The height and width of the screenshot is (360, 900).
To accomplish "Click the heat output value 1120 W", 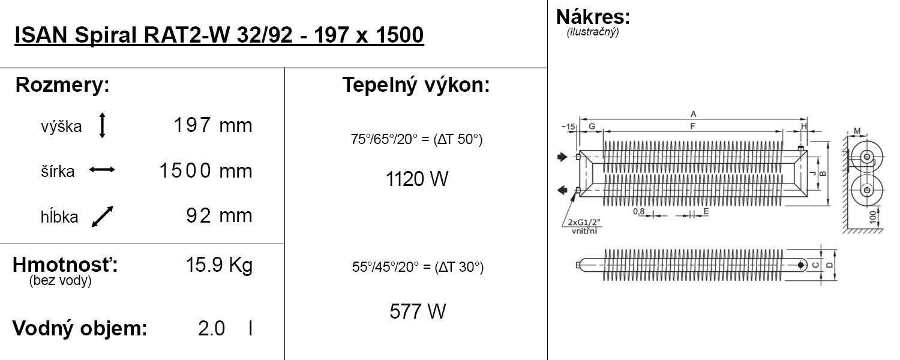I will pyautogui.click(x=417, y=179).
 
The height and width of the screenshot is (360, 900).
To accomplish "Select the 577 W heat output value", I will pyautogui.click(x=418, y=311).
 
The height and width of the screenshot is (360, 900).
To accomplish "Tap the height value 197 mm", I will pyautogui.click(x=213, y=126).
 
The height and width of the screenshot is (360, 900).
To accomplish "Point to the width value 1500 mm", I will pyautogui.click(x=206, y=172).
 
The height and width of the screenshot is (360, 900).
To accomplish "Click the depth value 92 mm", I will pyautogui.click(x=219, y=215).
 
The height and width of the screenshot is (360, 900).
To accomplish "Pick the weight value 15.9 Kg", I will pyautogui.click(x=219, y=265).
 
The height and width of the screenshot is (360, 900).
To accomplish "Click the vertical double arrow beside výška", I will pyautogui.click(x=102, y=126).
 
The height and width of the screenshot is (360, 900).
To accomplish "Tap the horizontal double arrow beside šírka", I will pyautogui.click(x=102, y=170).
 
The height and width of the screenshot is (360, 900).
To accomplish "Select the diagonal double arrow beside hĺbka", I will pyautogui.click(x=102, y=217).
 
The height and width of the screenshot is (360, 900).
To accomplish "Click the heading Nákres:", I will pyautogui.click(x=593, y=17).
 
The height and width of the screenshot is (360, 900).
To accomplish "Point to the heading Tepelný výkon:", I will pyautogui.click(x=416, y=85).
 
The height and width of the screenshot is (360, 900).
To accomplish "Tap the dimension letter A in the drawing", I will pyautogui.click(x=693, y=113).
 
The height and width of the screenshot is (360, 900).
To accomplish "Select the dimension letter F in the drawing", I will pyautogui.click(x=693, y=126).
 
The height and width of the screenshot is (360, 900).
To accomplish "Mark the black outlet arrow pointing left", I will pyautogui.click(x=562, y=191).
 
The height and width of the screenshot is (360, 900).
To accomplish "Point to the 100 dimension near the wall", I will pyautogui.click(x=872, y=216).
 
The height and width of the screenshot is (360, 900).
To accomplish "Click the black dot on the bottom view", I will pyautogui.click(x=800, y=265).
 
